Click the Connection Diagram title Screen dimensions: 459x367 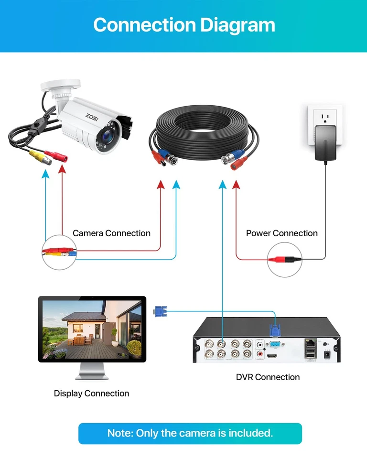pos(184,25)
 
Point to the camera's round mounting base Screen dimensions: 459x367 pos(56,86)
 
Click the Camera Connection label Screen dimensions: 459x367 pos(111,233)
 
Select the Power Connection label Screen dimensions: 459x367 pos(281,233)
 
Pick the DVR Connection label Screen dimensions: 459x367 pos(268,377)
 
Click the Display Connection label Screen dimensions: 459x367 pos(91,393)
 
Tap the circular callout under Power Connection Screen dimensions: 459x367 pos(285,260)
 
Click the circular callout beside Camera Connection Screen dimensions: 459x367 pos(60,252)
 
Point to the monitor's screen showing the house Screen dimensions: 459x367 pos(92,330)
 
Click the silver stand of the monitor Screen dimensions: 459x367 pos(92,370)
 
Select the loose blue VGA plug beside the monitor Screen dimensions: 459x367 pos(160,311)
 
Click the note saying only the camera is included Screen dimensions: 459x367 pos(190,434)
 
